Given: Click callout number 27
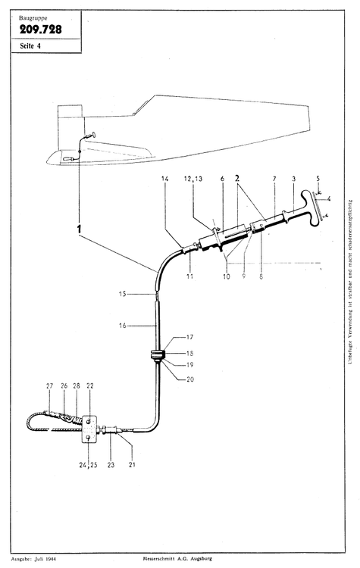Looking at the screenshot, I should [x=51, y=385].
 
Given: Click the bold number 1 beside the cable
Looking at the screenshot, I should [x=79, y=227].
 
